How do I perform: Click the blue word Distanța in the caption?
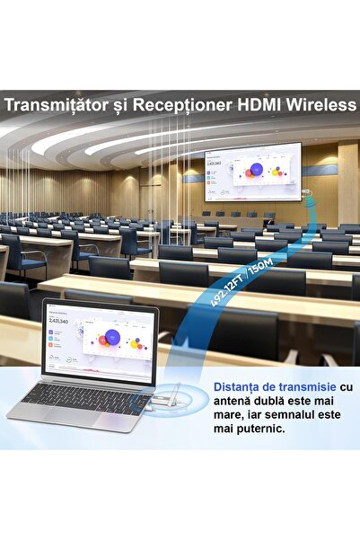point(236,386)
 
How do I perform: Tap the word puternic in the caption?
point(259,429)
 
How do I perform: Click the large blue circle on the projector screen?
point(256,169)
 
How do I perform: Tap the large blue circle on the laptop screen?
point(111,337)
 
